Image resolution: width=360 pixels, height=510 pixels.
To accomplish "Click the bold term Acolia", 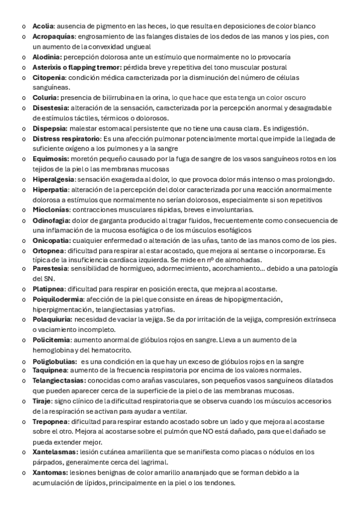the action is point(43,26).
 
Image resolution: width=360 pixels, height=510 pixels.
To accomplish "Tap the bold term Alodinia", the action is point(47,57).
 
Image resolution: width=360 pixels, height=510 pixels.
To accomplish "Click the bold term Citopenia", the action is point(49,78).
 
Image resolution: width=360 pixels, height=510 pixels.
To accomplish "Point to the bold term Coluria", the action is point(46,97).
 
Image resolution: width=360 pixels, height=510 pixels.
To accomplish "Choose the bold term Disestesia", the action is point(50,108).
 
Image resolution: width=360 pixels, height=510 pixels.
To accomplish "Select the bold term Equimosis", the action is point(50,159).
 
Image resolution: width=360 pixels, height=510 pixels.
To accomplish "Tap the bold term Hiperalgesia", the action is point(54,179).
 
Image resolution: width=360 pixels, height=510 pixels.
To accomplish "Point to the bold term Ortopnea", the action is point(47,251).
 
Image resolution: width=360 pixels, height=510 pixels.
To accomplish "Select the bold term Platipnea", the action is point(49,289).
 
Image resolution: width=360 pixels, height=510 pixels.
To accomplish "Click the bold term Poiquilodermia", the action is point(58,299).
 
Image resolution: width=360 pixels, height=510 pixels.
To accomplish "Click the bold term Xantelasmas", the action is point(54,452).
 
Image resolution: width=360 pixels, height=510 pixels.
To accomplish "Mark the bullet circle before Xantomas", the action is point(23,473).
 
